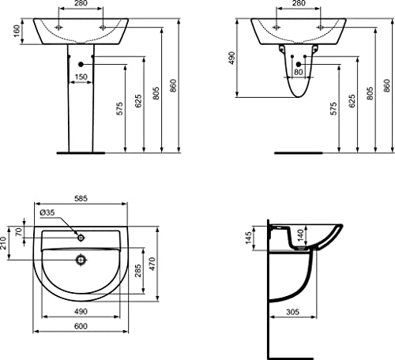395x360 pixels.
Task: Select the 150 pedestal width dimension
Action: click(81, 77)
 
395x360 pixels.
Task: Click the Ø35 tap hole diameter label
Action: click(47, 213)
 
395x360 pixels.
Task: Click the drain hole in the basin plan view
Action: click(81, 258)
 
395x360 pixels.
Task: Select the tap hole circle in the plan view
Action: click(81, 235)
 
